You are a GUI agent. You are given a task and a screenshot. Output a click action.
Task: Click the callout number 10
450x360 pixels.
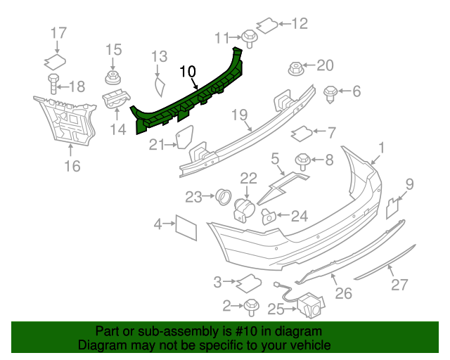pos(188,71)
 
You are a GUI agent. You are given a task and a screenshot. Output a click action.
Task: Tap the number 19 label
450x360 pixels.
pos(240,115)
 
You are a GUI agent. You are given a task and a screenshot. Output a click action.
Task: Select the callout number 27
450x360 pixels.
pos(399,285)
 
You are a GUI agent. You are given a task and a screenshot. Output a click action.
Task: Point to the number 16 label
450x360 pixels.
pos(72,166)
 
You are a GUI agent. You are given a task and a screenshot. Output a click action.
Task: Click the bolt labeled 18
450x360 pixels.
pos(53,85)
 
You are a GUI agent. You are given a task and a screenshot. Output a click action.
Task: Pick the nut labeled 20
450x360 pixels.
pos(296,68)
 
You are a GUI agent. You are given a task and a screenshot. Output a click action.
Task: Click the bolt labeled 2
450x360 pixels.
pos(251,306)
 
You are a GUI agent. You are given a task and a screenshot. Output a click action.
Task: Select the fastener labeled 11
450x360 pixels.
pos(250,35)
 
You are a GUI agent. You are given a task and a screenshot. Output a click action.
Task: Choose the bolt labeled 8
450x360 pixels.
pos(304,161)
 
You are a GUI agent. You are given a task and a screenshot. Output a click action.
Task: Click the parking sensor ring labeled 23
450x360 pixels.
pos(224,196)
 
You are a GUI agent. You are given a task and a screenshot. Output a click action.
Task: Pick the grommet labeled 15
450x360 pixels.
pos(112,76)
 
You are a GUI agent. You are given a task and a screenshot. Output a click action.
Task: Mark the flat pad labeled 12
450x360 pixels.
pos(266,25)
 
